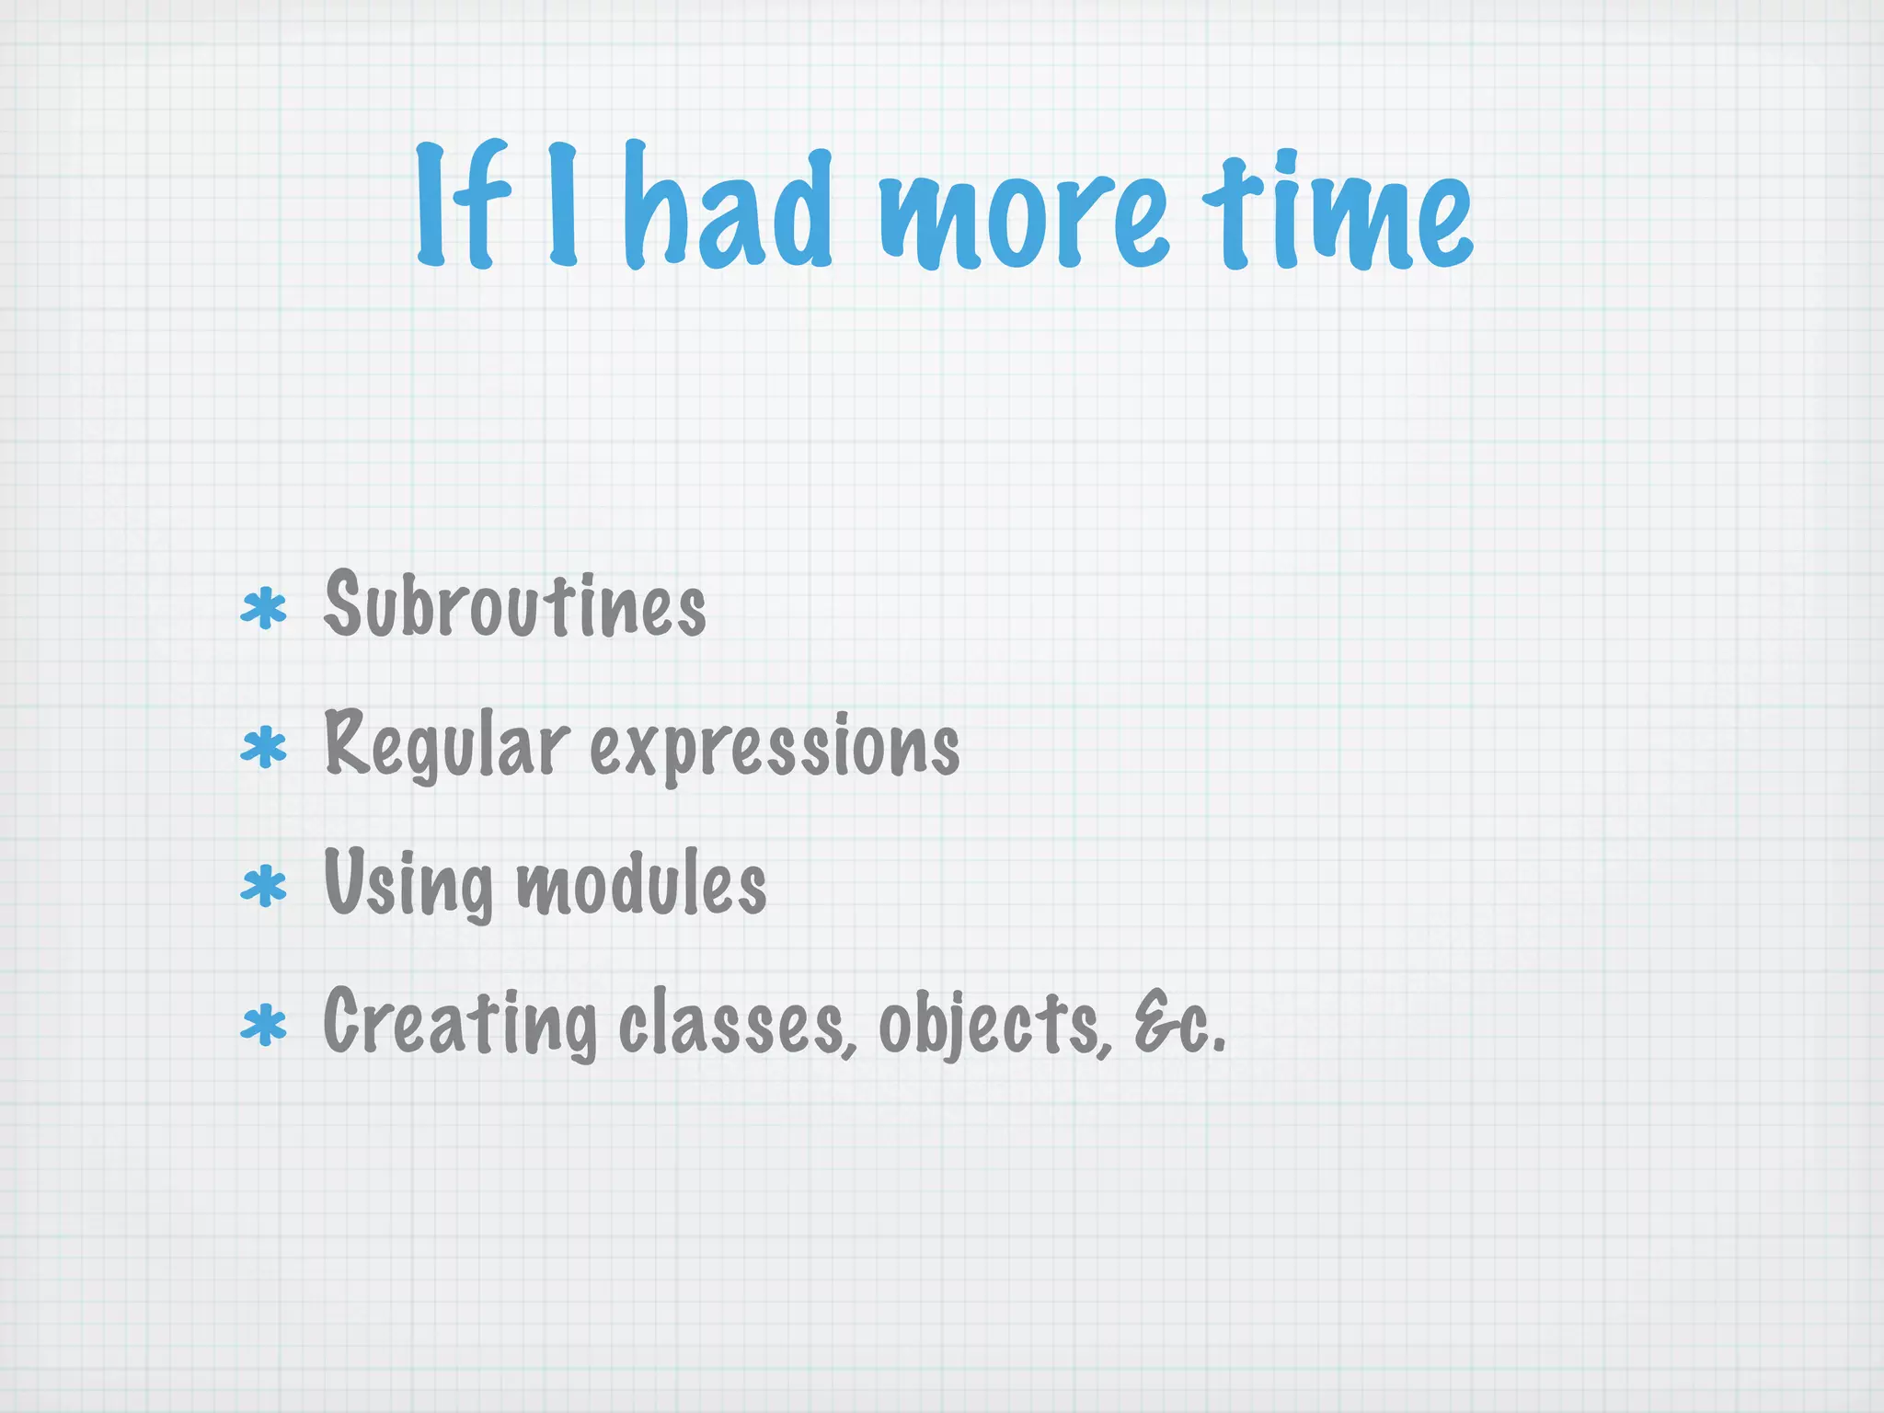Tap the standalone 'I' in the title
[x=562, y=204]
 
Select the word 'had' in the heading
[x=728, y=207]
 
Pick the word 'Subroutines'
[x=515, y=604]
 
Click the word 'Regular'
[x=446, y=745]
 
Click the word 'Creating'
[x=460, y=1023]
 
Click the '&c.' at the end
[x=1179, y=1023]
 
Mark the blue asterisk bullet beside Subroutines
[x=264, y=609]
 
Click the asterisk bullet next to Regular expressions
[x=264, y=748]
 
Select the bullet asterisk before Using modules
[x=264, y=886]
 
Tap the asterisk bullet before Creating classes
[x=264, y=1026]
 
